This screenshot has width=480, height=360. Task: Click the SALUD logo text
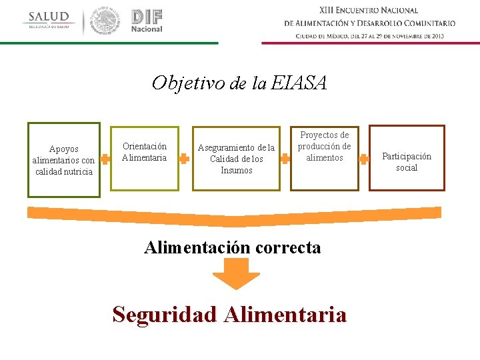tap(49, 17)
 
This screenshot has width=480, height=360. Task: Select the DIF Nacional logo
tap(147, 21)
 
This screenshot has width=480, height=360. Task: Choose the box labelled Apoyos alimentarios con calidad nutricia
tap(64, 160)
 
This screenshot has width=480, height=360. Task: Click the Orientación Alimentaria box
tap(145, 158)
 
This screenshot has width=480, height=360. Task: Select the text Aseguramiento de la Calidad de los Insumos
tap(237, 159)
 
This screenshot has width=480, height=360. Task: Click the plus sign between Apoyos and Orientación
tap(105, 159)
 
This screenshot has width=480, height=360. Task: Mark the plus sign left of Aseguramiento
tap(185, 159)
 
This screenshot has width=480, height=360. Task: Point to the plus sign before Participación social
tap(364, 159)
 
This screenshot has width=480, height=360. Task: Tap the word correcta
tap(287, 247)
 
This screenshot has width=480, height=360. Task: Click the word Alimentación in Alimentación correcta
tap(197, 247)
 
